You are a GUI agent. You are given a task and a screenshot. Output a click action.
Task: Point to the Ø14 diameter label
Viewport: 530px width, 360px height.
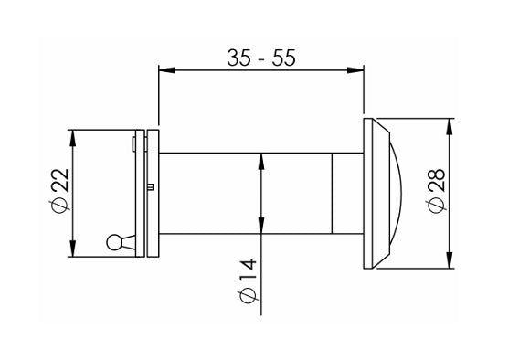[x=248, y=281]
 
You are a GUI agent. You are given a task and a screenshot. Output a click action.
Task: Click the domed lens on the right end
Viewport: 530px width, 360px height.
[x=391, y=193]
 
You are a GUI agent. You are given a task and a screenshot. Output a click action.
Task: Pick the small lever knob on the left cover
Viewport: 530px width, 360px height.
[x=114, y=242]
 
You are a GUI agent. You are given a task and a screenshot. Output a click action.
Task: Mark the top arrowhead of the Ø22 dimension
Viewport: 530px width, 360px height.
[x=73, y=135]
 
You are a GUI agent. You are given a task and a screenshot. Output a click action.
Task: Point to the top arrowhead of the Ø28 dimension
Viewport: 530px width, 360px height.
[x=451, y=123]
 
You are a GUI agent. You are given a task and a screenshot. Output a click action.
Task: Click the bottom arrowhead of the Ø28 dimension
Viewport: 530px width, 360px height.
[x=451, y=263]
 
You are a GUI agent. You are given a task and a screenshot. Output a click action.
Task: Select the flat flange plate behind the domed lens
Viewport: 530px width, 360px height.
[x=368, y=193]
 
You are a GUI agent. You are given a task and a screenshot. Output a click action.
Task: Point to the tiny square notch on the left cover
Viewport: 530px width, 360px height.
[x=149, y=187]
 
